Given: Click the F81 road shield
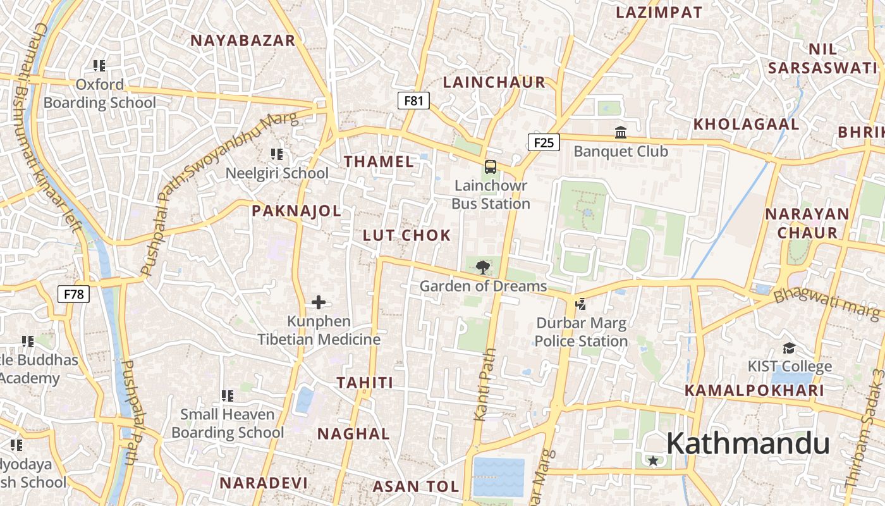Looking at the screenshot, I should tap(413, 101).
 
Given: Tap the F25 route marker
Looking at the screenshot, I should tap(544, 142).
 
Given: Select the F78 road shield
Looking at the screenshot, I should tap(74, 294).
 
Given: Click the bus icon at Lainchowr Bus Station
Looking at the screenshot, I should tap(491, 167).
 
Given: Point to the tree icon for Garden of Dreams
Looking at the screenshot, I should tap(483, 267).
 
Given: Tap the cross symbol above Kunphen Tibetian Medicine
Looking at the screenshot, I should tap(319, 302).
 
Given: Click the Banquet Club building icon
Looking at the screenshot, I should tap(621, 133).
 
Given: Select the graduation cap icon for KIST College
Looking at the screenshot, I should tap(789, 348).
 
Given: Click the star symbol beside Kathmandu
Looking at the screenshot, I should tap(653, 461).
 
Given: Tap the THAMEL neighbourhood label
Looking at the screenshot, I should tap(379, 161).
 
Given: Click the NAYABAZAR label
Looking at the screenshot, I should tap(243, 40).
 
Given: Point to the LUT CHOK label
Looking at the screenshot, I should tap(406, 235).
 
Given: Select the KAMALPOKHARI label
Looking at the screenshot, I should tap(755, 390).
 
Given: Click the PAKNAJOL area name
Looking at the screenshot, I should tap(296, 211).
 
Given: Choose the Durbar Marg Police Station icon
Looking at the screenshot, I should tap(580, 304).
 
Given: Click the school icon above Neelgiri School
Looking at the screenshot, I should tap(276, 154).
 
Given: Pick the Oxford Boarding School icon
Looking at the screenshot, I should tap(99, 65).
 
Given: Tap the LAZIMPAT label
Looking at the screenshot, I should tap(659, 12).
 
